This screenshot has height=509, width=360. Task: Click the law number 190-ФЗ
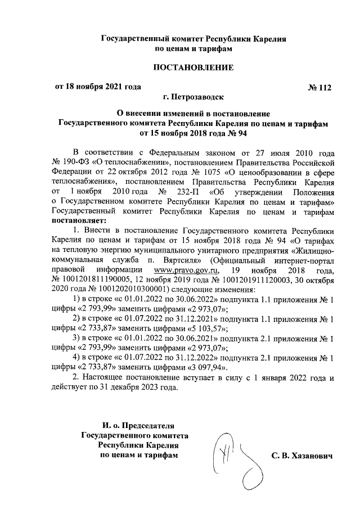pos(80,163)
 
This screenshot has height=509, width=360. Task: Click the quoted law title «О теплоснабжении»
pos(136,163)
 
